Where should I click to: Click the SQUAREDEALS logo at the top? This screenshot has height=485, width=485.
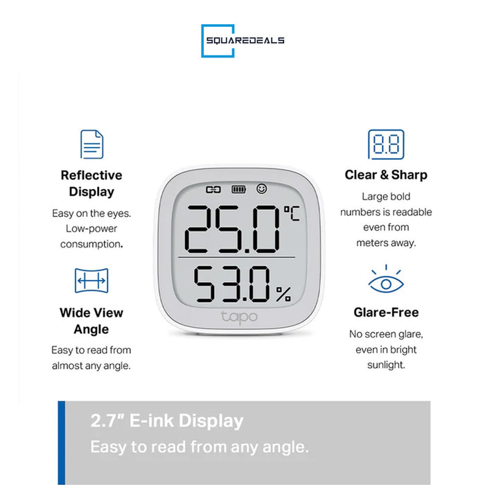pyautogui.click(x=242, y=41)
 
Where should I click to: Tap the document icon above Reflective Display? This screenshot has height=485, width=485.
pyautogui.click(x=91, y=144)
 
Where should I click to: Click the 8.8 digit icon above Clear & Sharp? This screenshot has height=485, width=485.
pyautogui.click(x=386, y=144)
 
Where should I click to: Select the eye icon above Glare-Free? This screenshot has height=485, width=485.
pyautogui.click(x=386, y=281)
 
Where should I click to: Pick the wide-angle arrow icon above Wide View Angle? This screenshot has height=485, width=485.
pyautogui.click(x=91, y=281)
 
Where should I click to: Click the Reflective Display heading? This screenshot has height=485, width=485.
pyautogui.click(x=91, y=184)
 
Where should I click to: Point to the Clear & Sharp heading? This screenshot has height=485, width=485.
pyautogui.click(x=386, y=175)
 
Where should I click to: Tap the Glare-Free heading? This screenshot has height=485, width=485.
pyautogui.click(x=386, y=312)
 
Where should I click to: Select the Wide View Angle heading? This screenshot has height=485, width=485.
pyautogui.click(x=91, y=321)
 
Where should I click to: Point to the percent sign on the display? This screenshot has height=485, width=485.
pyautogui.click(x=283, y=294)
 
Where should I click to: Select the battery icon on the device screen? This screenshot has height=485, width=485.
pyautogui.click(x=239, y=189)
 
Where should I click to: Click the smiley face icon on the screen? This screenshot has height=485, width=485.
pyautogui.click(x=261, y=188)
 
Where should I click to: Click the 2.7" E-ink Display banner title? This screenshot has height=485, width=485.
pyautogui.click(x=167, y=421)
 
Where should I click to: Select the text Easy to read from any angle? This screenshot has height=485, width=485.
pyautogui.click(x=200, y=447)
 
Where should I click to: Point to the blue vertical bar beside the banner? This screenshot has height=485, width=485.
pyautogui.click(x=61, y=442)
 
